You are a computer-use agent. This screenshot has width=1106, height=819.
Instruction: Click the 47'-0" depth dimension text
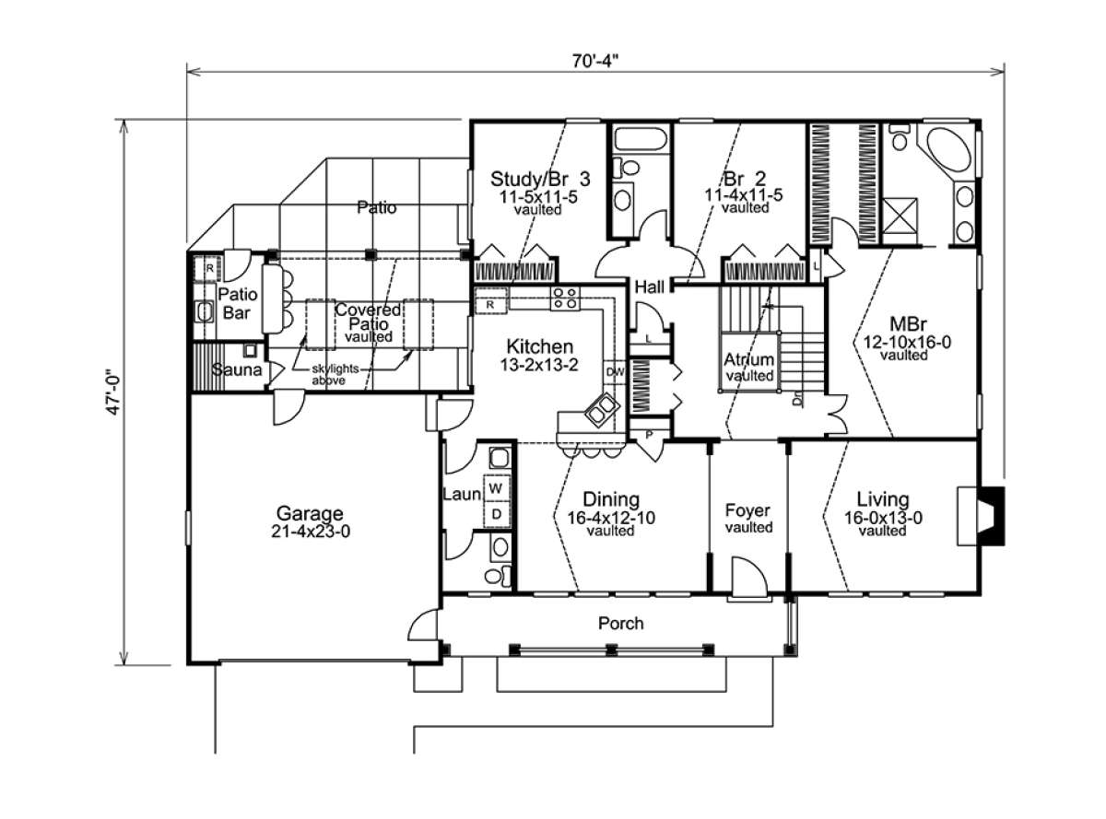113,392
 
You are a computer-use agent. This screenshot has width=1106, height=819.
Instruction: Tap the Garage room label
309,513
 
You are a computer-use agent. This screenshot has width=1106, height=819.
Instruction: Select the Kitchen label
539,346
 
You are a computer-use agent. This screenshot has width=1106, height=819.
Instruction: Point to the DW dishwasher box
615,372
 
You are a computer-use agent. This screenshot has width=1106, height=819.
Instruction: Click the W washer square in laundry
496,488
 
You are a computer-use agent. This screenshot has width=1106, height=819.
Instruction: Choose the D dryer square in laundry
496,514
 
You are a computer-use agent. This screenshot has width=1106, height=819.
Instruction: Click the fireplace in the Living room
980,516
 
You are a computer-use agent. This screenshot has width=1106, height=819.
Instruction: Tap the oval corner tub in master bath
949,150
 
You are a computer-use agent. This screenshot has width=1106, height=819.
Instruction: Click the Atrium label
748,359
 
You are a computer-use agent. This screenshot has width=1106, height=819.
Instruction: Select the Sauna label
236,369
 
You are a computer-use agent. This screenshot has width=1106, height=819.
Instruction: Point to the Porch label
620,623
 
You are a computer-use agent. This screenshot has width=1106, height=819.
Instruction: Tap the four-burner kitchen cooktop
565,298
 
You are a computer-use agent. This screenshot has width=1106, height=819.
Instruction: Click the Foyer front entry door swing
748,578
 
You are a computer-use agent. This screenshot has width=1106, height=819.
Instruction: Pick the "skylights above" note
335,374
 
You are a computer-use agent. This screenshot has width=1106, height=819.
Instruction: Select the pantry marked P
649,435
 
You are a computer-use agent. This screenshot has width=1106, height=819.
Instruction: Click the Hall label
649,287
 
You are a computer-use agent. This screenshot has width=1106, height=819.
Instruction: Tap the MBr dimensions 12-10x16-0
907,342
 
